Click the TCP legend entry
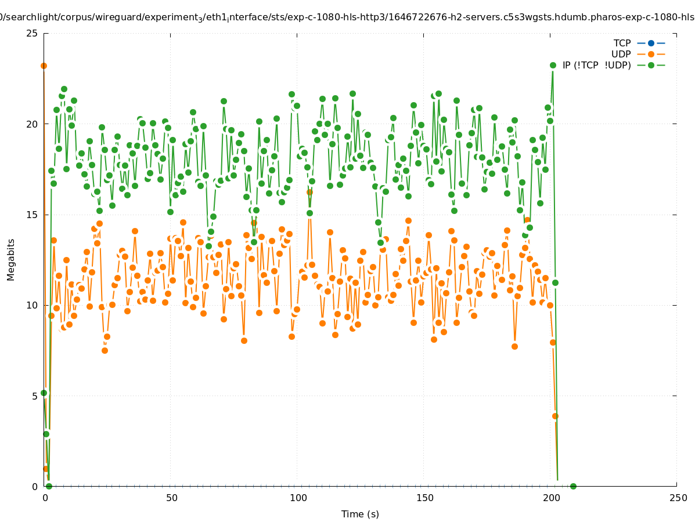pos(622,43)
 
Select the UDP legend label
pos(621,54)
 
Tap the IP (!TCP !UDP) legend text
pos(596,65)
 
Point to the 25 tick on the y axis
pos(33,33)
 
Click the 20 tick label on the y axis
pos(33,124)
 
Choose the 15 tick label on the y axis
pos(33,215)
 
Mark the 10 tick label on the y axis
pos(33,305)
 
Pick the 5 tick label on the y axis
pos(35,396)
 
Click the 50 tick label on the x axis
pos(171,498)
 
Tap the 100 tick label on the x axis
pos(298,498)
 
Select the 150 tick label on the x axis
pos(424,498)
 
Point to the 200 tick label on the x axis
pos(551,498)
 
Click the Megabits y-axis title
pos(11,259)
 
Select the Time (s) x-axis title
pos(360,514)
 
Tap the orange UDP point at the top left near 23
pos(44,66)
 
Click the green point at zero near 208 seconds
pos(573,486)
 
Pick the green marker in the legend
pos(651,65)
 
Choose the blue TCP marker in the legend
pos(651,43)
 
